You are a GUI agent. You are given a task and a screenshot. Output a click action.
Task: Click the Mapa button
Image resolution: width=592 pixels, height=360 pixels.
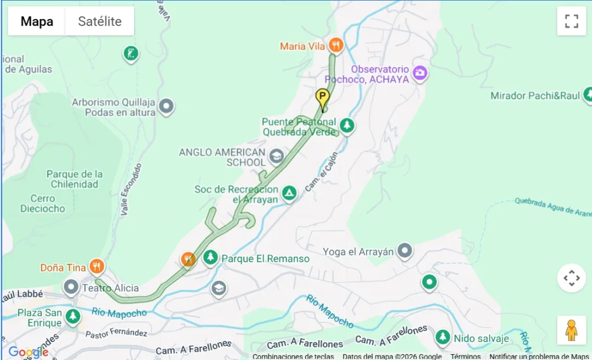coord(37,22)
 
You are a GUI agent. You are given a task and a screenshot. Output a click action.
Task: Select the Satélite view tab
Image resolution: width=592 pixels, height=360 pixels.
coord(99,22)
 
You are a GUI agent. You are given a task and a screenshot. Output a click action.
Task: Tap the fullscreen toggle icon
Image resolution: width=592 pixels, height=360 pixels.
coord(571,21)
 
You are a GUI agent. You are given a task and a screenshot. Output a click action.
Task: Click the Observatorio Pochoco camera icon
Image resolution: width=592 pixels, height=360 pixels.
coord(420,72)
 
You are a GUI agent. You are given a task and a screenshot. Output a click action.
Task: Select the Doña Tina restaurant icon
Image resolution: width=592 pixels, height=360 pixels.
coord(97,266)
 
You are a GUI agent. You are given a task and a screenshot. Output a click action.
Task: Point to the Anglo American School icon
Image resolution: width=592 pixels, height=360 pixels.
coord(276,155)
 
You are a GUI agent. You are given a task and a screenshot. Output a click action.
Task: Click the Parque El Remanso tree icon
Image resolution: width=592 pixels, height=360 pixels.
coord(210,257)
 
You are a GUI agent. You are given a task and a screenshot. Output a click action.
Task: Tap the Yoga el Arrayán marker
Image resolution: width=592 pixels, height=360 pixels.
coord(405,250)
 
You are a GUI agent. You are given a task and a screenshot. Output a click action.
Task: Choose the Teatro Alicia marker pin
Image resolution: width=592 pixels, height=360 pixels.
coord(71,287)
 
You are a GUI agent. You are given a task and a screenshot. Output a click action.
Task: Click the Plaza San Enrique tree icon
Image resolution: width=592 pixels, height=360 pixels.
coord(72,316)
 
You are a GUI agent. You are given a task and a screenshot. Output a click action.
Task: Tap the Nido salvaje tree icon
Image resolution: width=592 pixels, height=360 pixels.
coord(443,337)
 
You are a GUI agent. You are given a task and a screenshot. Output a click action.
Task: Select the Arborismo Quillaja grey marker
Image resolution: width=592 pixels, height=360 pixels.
coord(166,106)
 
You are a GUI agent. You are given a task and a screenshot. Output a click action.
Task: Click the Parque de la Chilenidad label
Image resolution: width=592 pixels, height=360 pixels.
coord(75,179)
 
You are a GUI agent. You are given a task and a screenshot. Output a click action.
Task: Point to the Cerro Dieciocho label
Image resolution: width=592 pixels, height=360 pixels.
coord(43,203)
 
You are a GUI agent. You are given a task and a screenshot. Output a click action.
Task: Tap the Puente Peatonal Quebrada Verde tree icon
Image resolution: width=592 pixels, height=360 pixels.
coord(346,125)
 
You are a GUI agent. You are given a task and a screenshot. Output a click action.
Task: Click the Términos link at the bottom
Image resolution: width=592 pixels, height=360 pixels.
coord(465,357)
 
